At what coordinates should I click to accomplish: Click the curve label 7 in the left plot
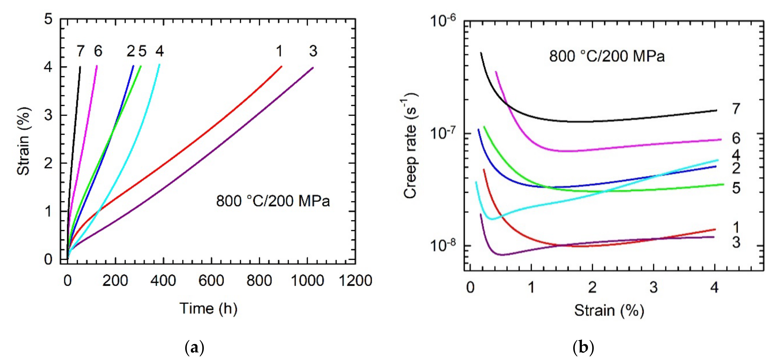coord(80,51)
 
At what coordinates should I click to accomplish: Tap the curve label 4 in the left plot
coord(160,51)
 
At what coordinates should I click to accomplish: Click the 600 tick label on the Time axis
coord(211,281)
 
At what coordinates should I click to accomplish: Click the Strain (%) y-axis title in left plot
coord(24,141)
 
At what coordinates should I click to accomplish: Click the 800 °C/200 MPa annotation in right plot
coord(607,56)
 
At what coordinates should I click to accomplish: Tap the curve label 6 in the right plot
coord(736,138)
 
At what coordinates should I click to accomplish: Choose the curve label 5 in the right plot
coord(736,188)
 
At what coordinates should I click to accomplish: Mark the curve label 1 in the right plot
coord(736,227)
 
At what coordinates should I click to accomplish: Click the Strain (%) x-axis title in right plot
coord(609,310)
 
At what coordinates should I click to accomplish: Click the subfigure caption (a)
coord(194,348)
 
